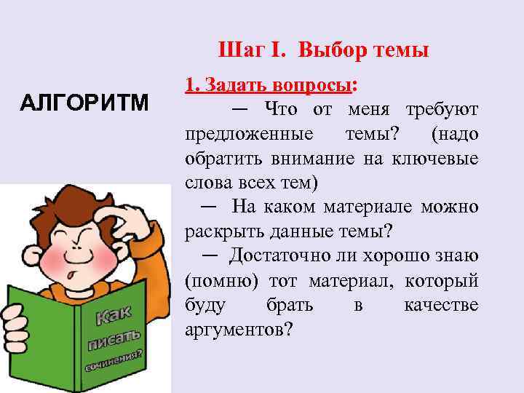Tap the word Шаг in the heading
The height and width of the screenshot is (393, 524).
[x=238, y=51]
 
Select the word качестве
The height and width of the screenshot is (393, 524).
[x=441, y=304]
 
